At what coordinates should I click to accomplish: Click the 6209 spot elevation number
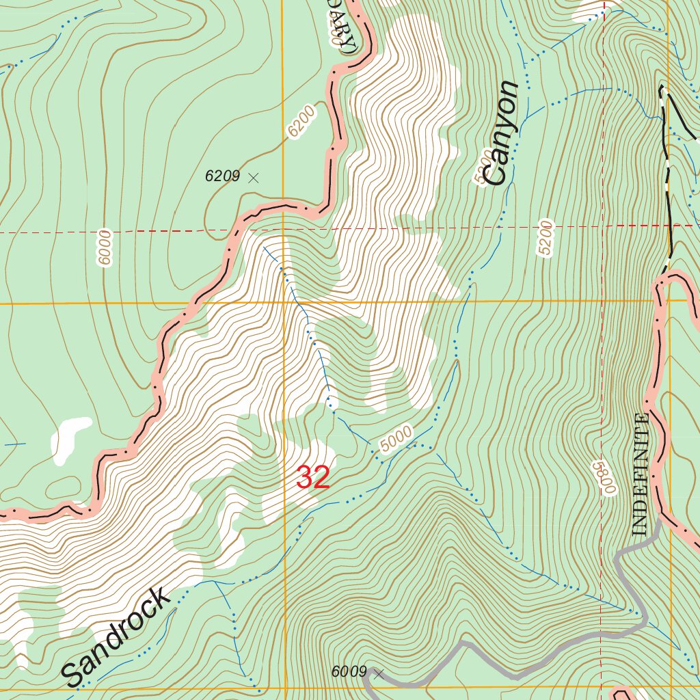coord(222,176)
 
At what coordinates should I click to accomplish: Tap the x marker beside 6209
coord(254,178)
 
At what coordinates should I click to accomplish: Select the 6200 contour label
coord(301,124)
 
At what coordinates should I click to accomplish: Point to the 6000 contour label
coord(104,249)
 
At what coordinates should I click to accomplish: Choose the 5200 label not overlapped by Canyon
coord(545,238)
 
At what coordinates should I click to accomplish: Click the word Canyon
coord(500,133)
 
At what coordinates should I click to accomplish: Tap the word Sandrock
coord(116,637)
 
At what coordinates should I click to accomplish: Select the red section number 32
coord(313,478)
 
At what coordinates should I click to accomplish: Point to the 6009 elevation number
coord(349,672)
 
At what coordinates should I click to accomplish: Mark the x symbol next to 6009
coord(379,673)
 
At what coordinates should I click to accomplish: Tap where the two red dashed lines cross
coord(603,225)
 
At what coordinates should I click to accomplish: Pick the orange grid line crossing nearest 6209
coord(283,301)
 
